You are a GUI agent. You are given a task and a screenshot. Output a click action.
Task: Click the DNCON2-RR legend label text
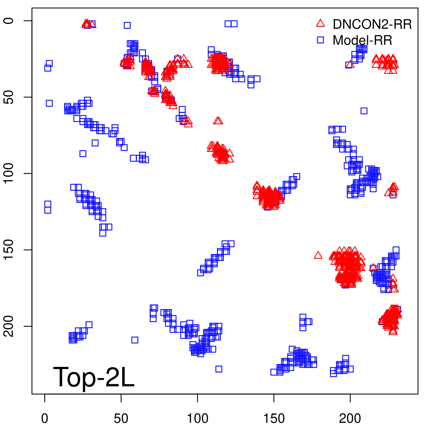(372, 24)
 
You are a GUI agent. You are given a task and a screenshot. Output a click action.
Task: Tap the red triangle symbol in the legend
(320, 23)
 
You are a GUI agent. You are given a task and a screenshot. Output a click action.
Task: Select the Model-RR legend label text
(362, 40)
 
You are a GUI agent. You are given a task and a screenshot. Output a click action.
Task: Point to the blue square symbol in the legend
(320, 40)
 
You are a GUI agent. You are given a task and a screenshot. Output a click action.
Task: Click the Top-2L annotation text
(94, 377)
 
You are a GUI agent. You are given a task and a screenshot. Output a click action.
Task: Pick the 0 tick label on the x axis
(45, 418)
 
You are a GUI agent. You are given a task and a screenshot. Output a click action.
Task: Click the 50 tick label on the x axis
(121, 418)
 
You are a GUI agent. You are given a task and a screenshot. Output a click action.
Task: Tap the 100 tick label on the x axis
(197, 418)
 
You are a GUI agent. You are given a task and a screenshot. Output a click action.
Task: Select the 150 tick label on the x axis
(274, 418)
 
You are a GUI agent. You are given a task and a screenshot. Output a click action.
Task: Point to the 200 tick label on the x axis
(350, 418)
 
